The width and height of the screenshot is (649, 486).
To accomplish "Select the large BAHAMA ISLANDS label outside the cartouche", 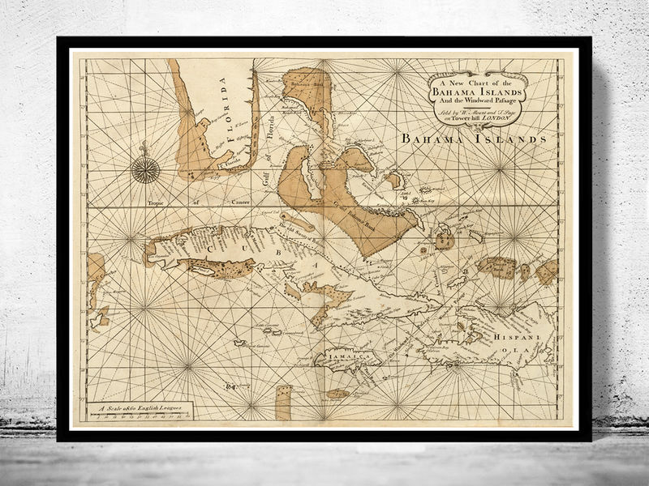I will click(473, 139).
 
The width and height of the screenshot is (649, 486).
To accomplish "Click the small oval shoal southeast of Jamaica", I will click(337, 394).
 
